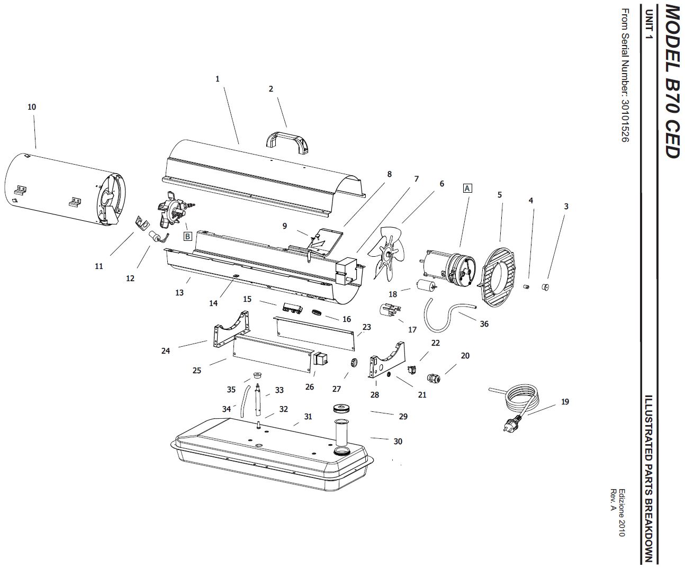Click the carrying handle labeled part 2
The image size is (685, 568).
pos(288,138)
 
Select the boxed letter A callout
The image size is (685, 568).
pos(467,188)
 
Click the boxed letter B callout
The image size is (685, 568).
pos(187,236)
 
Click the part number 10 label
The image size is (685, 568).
pos(32,107)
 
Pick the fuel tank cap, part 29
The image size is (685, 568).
pos(342,409)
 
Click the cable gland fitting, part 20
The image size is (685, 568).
pos(434,378)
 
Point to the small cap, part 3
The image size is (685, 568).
pos(545,287)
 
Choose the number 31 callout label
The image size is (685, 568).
pos(308,417)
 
